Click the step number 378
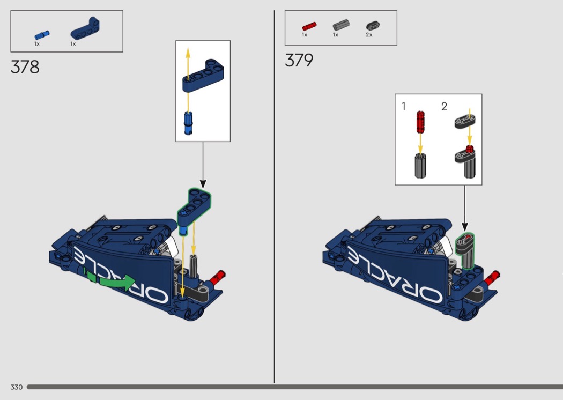click(x=25, y=67)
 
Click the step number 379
click(x=299, y=60)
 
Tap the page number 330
click(x=17, y=387)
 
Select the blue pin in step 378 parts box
click(x=42, y=35)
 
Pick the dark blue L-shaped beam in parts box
click(x=85, y=28)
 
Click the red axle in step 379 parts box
click(x=309, y=27)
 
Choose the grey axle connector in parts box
click(x=340, y=25)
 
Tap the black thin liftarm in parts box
click(x=373, y=26)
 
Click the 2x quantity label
click(x=369, y=35)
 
